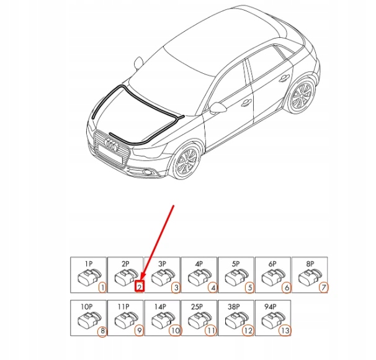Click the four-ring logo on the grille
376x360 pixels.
click(x=112, y=145)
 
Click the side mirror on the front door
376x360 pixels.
click(x=218, y=108)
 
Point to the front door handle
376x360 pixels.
click(x=246, y=103)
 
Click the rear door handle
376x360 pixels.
click(x=284, y=78)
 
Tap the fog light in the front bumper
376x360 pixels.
click(x=147, y=172)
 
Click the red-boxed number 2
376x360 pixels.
click(x=140, y=286)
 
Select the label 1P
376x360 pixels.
click(x=89, y=264)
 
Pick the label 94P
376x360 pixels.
click(x=271, y=307)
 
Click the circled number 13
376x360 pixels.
click(x=285, y=331)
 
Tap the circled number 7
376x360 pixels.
click(x=323, y=287)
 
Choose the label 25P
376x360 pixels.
click(x=197, y=307)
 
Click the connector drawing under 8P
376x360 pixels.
click(x=310, y=277)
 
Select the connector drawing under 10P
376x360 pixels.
click(x=89, y=320)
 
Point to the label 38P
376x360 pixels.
click(x=234, y=307)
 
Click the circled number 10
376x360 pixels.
click(x=175, y=331)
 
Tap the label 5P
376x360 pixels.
click(x=236, y=264)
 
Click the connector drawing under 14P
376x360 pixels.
click(x=163, y=320)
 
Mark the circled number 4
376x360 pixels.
click(x=213, y=287)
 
